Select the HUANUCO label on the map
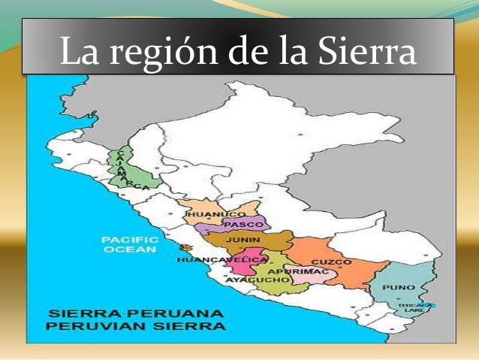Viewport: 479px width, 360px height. [206, 215]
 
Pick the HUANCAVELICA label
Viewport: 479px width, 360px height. [222, 259]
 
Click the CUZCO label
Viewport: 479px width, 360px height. [331, 262]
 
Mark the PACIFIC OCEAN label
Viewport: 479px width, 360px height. [129, 244]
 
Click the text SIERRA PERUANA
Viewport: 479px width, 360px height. [135, 312]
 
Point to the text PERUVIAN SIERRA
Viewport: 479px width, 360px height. [135, 326]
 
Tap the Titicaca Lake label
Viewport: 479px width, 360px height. [414, 306]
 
